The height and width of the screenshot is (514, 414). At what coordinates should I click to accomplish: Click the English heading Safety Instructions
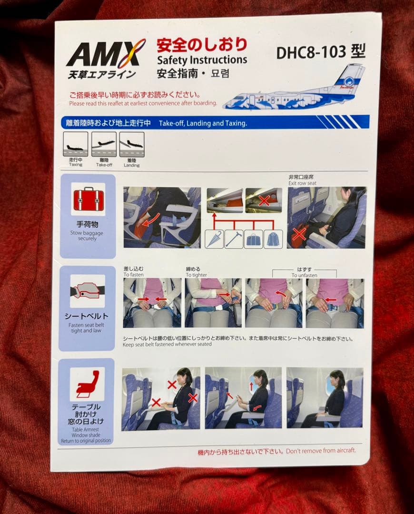click(202, 60)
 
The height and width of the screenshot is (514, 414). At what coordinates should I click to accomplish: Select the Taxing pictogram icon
click(76, 144)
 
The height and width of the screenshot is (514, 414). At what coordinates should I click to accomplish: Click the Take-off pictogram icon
click(104, 144)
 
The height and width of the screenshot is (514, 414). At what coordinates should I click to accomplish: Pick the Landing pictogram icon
click(132, 144)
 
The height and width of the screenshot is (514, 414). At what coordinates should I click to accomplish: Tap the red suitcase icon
click(88, 199)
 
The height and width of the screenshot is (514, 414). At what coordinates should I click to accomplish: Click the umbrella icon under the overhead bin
click(214, 239)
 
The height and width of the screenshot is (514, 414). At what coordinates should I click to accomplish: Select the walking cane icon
click(234, 239)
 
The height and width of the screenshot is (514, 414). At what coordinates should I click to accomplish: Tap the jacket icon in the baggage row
click(273, 239)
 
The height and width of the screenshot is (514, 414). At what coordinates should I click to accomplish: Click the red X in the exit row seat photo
click(299, 234)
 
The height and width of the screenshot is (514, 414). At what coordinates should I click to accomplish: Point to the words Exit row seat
click(302, 183)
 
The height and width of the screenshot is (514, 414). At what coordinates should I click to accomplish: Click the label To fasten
click(133, 275)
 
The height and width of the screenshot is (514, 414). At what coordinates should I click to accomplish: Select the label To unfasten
click(304, 275)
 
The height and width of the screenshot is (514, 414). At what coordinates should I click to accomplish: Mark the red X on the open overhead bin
click(264, 200)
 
